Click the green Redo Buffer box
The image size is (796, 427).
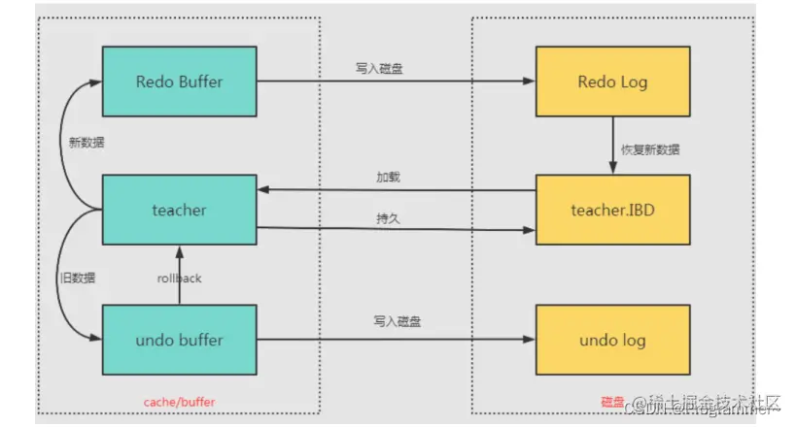pos(179,82)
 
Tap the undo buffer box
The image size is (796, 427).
pos(179,340)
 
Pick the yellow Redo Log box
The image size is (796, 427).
pos(612,82)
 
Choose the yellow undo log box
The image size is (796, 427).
pos(612,340)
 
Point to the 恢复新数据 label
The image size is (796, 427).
pos(651,150)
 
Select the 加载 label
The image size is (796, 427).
pos(389,178)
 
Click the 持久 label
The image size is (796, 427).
pos(389,218)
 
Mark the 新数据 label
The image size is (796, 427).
pos(87,143)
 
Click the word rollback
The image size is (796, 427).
pos(179,279)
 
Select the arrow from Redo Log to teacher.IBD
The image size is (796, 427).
pos(612,146)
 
